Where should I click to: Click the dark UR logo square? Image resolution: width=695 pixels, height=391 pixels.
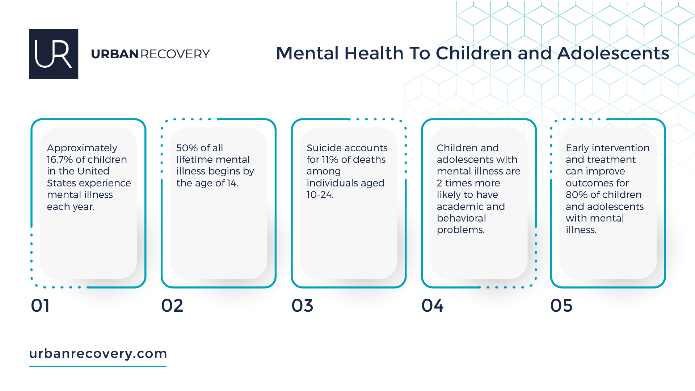click(54, 54)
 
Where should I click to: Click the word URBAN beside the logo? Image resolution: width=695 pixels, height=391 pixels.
click(114, 54)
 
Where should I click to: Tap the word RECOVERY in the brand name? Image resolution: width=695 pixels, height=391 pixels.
click(175, 54)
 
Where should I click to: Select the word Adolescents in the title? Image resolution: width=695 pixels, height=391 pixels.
click(613, 53)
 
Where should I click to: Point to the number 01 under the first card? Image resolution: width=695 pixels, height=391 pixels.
click(40, 306)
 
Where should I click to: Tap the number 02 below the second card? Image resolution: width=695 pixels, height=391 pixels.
click(172, 306)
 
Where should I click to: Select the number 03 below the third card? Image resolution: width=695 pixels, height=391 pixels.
click(302, 306)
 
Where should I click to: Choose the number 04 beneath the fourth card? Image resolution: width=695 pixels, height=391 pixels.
click(432, 306)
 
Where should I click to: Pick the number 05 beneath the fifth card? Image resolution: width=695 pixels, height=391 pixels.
click(561, 306)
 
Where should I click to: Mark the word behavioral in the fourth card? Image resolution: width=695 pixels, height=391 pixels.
click(461, 218)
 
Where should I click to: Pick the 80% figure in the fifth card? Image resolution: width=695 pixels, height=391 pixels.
click(576, 195)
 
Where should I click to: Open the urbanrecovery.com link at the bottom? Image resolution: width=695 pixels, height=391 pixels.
click(98, 353)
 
